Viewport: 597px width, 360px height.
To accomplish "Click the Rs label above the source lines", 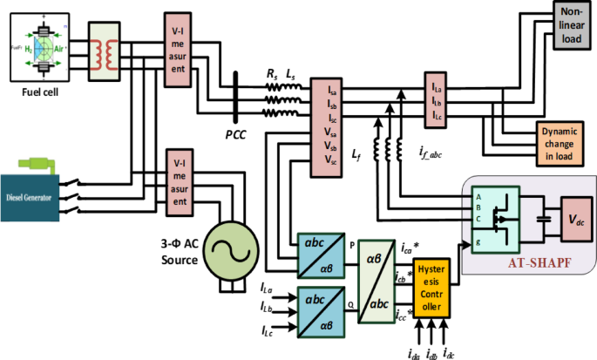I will pyautogui.click(x=271, y=77).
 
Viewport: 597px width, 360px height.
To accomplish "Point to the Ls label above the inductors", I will pyautogui.click(x=292, y=77).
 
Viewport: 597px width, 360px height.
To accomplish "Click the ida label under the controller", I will pyautogui.click(x=414, y=350).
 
